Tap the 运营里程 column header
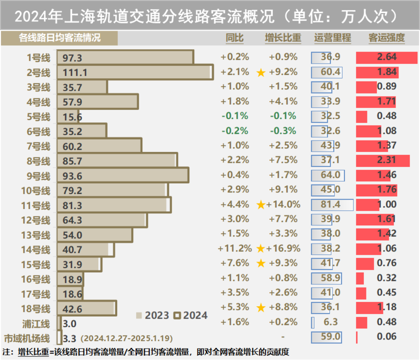coord(333,38)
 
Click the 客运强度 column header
coord(386,38)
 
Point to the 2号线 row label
coord(39,72)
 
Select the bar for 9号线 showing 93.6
coord(123,175)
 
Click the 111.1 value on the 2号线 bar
coord(76,72)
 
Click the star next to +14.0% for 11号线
coord(260,204)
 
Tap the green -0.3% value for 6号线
coord(283,131)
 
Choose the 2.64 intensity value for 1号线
coord(386,57)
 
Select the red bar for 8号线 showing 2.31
coord(382,160)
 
